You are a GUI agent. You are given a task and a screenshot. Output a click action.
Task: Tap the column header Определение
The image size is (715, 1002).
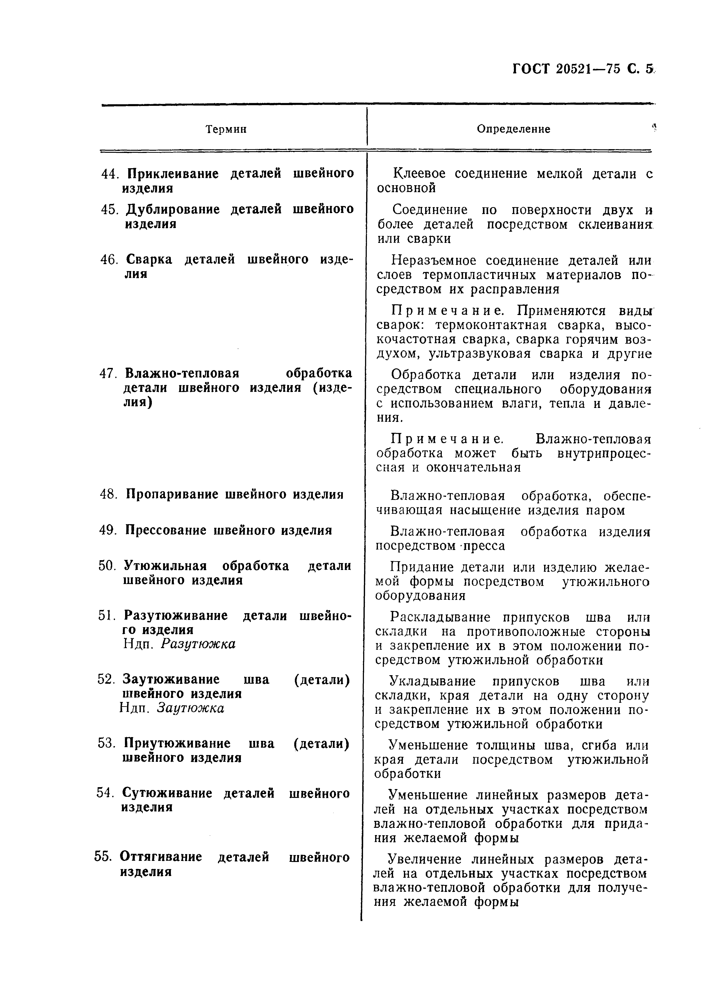513,129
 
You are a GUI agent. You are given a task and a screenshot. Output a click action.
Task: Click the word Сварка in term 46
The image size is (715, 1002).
149,259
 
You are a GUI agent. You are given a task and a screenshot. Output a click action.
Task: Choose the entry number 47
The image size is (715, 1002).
108,374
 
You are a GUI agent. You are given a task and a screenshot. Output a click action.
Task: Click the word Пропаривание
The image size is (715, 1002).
172,494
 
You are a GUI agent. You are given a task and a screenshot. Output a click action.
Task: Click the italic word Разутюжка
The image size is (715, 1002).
198,644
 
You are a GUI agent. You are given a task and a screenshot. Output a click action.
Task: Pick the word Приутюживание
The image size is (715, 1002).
177,744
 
